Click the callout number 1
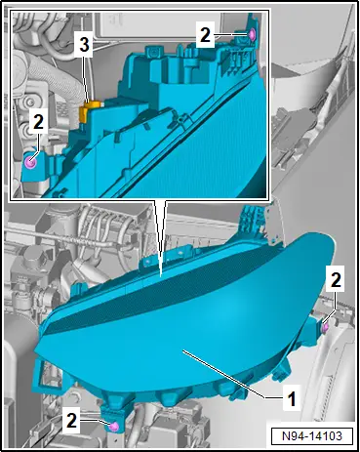[292, 398]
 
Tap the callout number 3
[84, 44]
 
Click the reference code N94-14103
[312, 435]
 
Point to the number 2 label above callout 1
[336, 280]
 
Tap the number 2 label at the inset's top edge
[205, 35]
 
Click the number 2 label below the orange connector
[38, 122]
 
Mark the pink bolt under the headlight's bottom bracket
[114, 427]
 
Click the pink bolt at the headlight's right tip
[325, 328]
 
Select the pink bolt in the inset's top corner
[252, 34]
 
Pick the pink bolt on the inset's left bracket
[31, 161]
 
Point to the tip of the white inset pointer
[160, 277]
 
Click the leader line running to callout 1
[234, 375]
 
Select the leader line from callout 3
[86, 77]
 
